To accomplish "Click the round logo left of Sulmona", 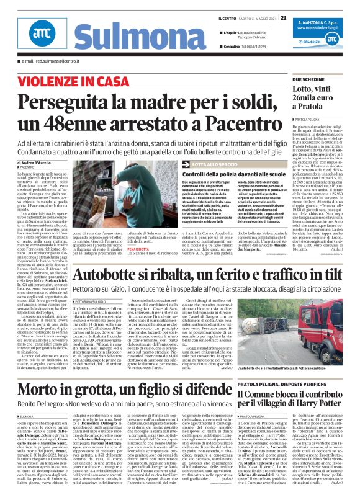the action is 41,36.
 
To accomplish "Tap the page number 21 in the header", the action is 283,17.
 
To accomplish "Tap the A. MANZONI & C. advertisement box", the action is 323,33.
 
